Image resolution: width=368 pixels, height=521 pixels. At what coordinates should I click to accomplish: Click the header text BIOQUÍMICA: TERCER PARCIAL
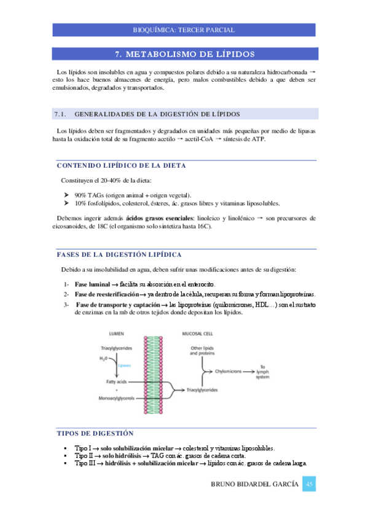coord(184,30)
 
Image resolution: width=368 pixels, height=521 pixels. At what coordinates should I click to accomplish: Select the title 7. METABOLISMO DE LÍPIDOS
coord(184,54)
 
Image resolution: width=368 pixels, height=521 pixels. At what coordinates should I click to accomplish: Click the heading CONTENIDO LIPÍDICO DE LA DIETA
coord(121,166)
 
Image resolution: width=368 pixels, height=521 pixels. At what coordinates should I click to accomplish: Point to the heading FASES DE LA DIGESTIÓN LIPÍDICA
coord(119,254)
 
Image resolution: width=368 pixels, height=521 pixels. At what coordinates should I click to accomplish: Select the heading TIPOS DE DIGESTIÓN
coord(95,433)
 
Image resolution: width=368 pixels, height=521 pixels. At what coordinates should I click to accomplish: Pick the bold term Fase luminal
coord(92,285)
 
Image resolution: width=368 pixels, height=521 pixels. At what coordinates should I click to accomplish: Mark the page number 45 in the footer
coord(310,485)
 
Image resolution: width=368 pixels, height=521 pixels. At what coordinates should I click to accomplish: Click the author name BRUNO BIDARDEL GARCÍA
coord(254,485)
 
